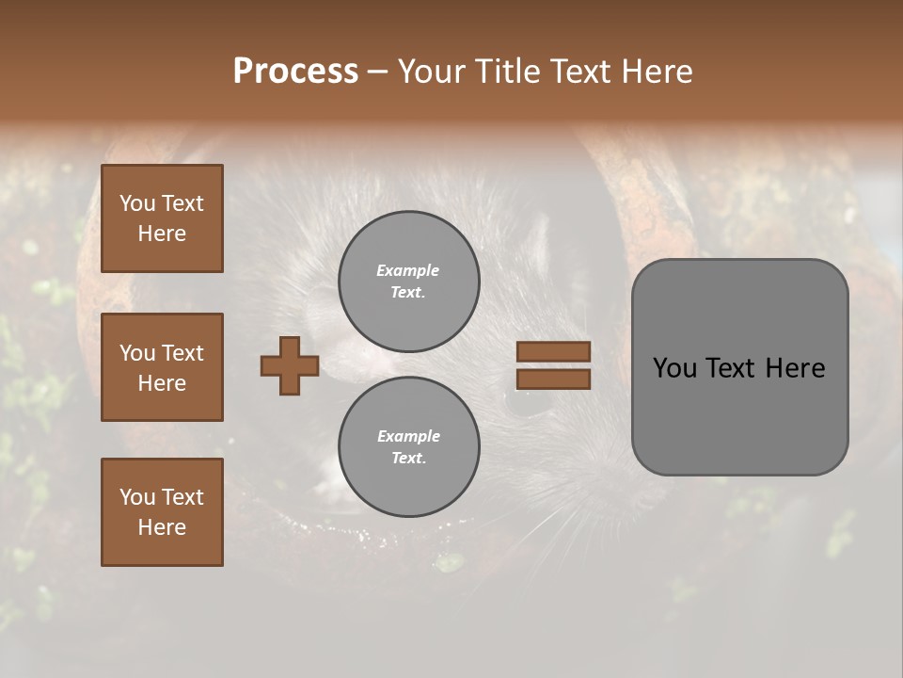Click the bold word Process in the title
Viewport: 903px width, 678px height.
click(295, 72)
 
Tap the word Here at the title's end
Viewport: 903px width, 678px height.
click(656, 72)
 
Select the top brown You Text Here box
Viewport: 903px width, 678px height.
click(162, 218)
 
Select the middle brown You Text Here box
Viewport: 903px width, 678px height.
click(162, 367)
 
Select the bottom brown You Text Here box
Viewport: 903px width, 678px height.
click(162, 512)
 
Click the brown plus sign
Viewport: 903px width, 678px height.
click(290, 365)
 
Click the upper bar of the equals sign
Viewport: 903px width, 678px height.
click(554, 351)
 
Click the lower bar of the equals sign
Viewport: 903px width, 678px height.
click(554, 379)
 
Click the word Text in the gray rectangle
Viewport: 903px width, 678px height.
click(733, 368)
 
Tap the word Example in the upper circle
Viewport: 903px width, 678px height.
click(408, 270)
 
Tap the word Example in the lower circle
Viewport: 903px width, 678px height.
click(408, 436)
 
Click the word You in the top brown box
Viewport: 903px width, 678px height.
click(137, 203)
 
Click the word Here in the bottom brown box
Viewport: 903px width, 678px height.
click(162, 527)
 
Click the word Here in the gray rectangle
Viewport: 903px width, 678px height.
click(796, 368)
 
